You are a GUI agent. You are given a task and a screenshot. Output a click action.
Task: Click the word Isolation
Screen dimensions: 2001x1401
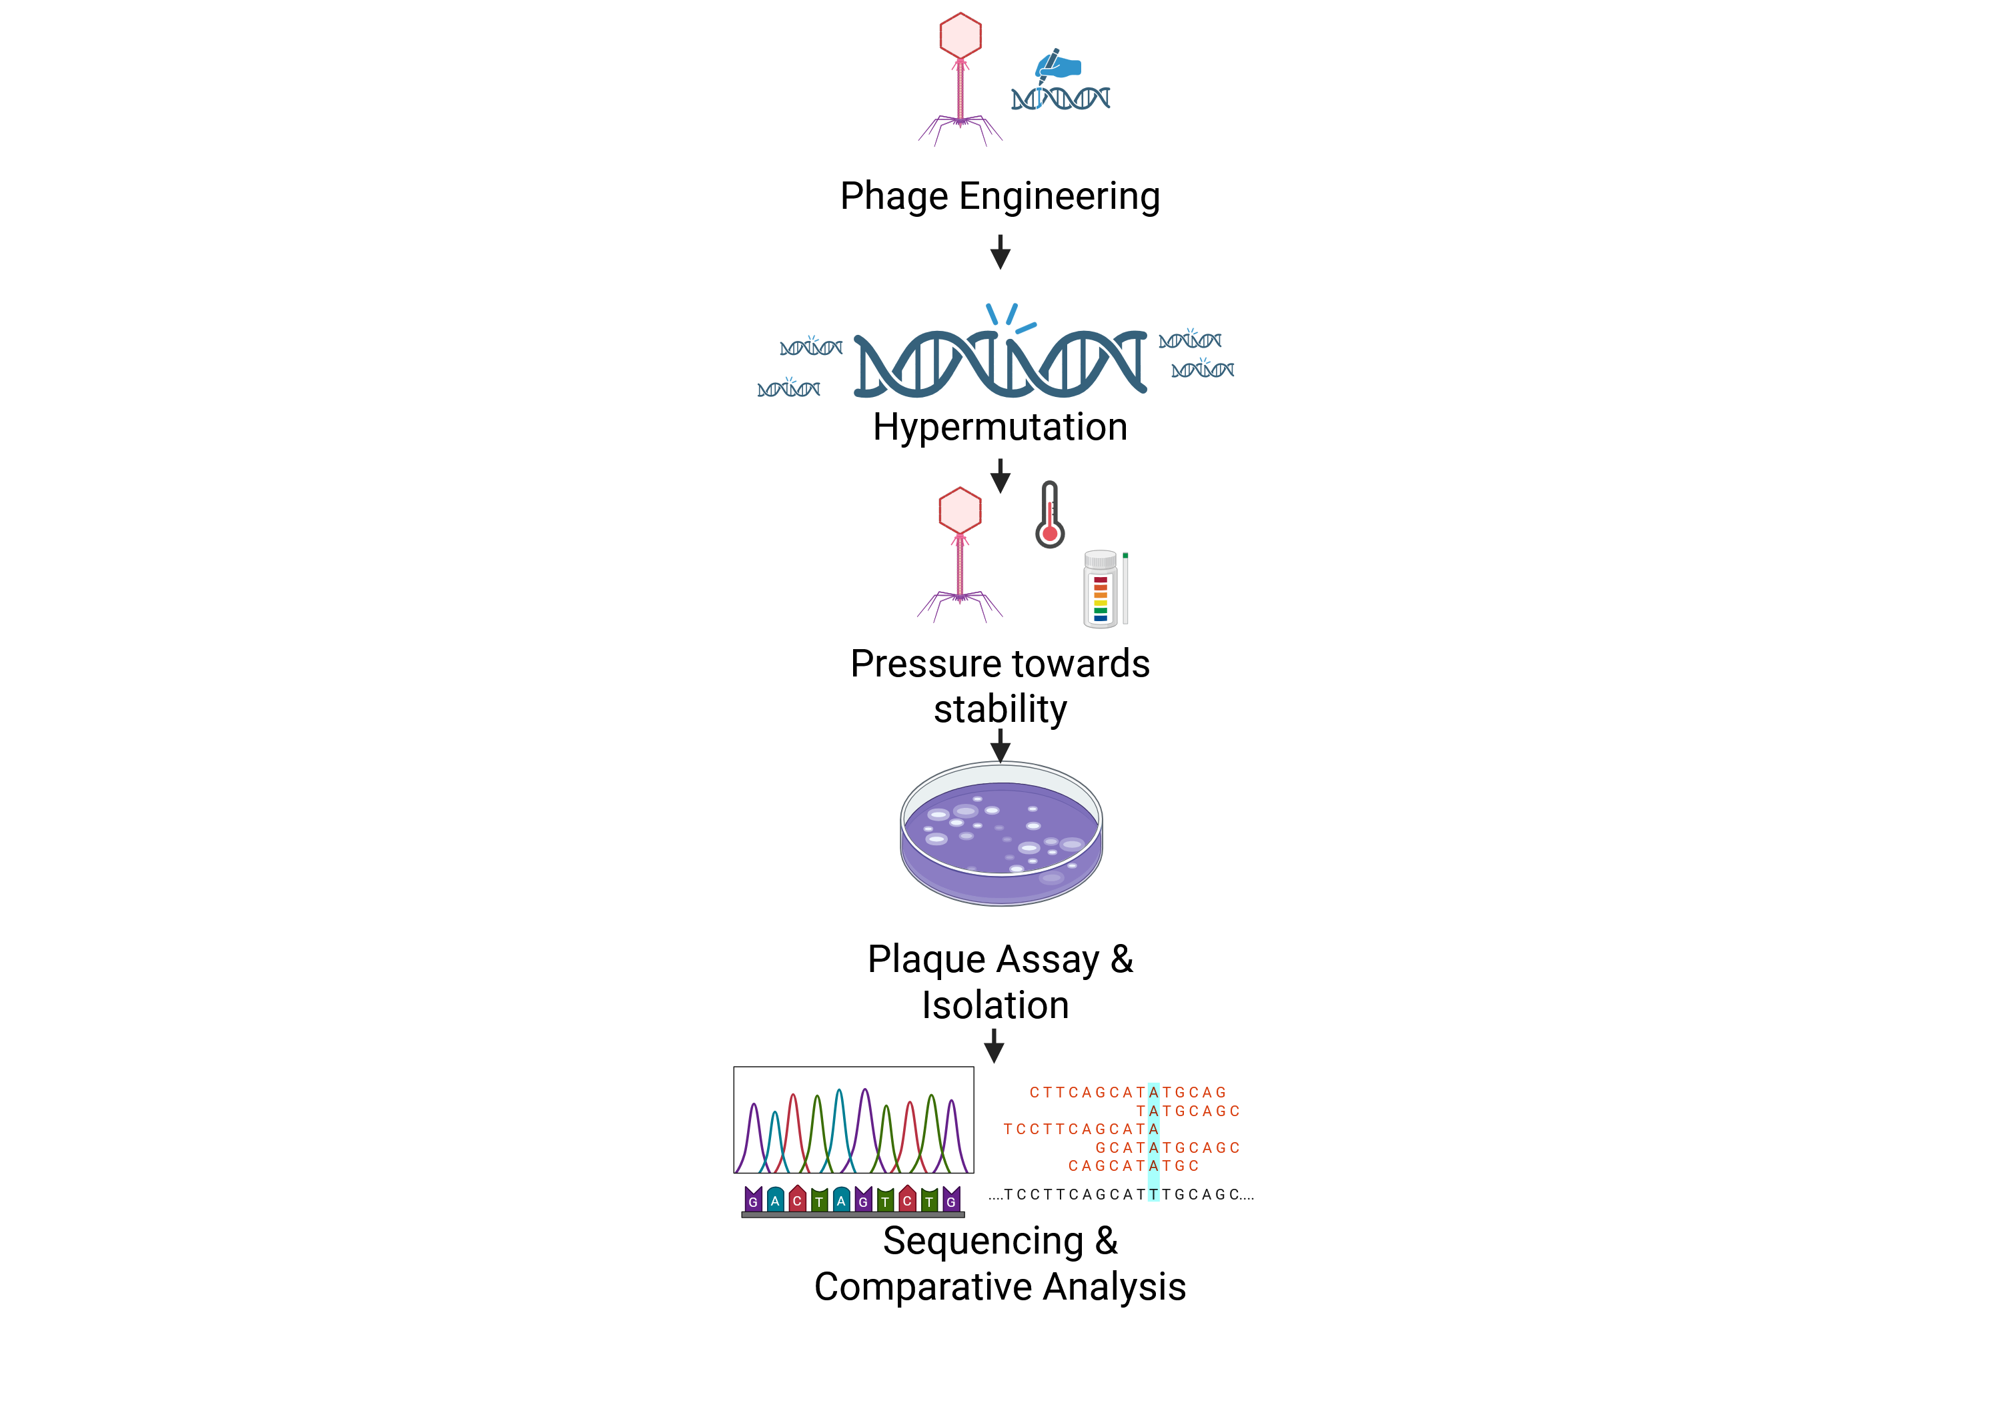pos(995,1005)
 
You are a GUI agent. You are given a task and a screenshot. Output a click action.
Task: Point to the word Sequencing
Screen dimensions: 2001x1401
pos(983,1242)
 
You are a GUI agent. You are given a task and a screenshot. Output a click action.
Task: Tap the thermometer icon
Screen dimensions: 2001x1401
pos(1050,514)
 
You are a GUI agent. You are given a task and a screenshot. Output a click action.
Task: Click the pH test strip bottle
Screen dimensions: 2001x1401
pos(1101,588)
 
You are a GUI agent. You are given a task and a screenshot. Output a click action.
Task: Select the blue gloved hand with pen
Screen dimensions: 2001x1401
pos(1058,66)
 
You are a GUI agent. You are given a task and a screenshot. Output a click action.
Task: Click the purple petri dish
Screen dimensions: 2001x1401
pos(1001,833)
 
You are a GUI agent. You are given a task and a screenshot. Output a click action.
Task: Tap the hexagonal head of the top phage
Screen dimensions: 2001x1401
pos(960,36)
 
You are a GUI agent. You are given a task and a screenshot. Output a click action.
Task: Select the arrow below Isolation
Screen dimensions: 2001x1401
pos(994,1045)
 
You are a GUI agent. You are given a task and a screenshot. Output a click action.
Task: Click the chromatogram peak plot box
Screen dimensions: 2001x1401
pos(853,1119)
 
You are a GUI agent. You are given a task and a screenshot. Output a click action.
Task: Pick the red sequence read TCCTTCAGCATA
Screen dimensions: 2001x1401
pos(1081,1129)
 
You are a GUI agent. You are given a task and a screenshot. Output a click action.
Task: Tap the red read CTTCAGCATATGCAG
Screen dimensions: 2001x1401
pos(1128,1092)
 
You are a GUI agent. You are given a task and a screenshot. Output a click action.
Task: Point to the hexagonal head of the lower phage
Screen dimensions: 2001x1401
pos(960,510)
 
